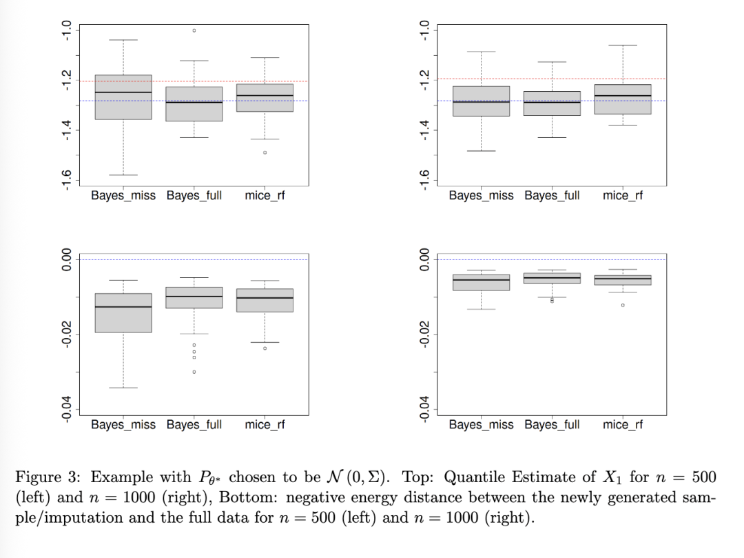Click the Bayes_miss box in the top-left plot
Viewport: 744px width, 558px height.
click(123, 97)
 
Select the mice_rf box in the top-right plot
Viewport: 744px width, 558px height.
click(622, 99)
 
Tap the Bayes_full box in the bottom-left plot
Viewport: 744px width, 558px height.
click(194, 297)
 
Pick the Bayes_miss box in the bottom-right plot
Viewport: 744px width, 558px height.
click(481, 282)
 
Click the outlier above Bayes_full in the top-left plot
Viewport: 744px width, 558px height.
click(194, 30)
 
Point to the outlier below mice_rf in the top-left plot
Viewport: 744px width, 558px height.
click(265, 152)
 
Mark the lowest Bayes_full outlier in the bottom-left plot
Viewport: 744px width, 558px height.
click(194, 372)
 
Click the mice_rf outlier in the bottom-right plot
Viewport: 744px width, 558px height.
click(622, 305)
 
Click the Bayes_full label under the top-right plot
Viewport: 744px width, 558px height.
click(552, 195)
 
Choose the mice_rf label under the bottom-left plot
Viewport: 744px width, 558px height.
click(265, 424)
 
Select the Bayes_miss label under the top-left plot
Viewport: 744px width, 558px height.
click(123, 195)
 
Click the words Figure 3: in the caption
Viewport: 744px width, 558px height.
click(49, 477)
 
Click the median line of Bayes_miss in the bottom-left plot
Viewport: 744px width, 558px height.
click(123, 307)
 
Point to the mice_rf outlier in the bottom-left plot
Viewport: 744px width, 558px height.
click(265, 348)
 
